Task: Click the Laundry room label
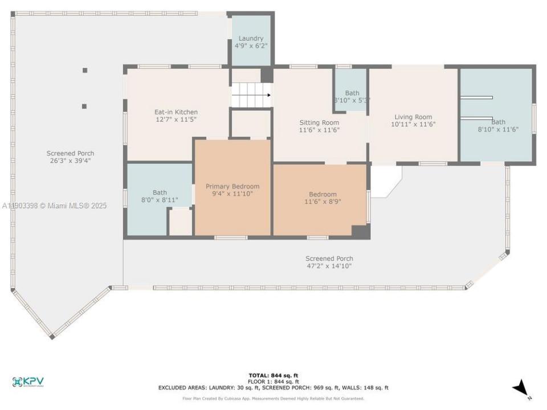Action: point(251,39)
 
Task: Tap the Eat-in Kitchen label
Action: point(176,112)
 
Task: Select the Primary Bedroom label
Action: point(232,186)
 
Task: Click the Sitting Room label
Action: point(319,122)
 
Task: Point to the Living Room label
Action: point(413,117)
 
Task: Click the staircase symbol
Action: point(251,95)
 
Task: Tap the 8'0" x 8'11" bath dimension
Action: point(160,200)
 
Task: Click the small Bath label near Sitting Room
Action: point(352,93)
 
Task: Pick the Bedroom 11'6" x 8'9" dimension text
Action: point(323,202)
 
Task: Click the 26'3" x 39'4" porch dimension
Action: point(70,161)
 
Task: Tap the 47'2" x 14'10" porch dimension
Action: point(329,266)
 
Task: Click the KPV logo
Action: point(28,382)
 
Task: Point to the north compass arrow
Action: point(521,389)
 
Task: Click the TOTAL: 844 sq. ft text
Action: point(273,375)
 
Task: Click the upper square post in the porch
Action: point(85,70)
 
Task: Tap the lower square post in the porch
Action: point(84,106)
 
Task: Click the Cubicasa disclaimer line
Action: point(273,399)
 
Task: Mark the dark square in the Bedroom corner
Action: point(360,231)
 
